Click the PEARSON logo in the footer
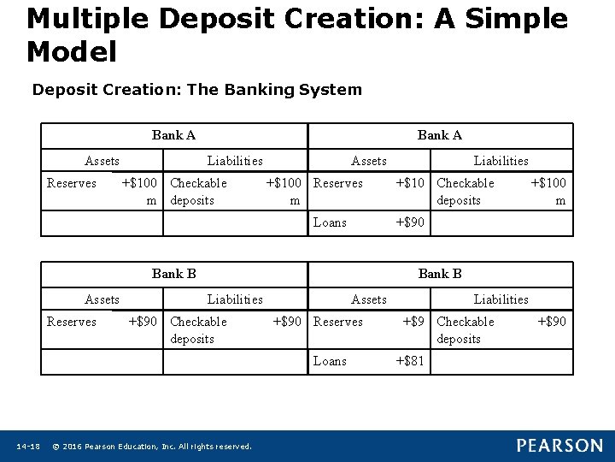coord(559,446)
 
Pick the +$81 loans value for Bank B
coord(409,361)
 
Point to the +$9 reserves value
coord(413,322)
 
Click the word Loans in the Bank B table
coord(330,361)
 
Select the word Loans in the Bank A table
coord(330,222)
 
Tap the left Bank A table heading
coord(173,135)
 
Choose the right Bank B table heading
coord(440,274)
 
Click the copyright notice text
coord(152,447)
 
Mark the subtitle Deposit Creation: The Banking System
coord(196,89)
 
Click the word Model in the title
coord(72,52)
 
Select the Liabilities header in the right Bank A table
coord(501,161)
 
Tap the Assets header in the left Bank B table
coord(102,299)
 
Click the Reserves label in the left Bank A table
coord(72,183)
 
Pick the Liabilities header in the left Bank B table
coord(235,299)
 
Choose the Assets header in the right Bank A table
coord(369,161)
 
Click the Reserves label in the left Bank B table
coord(72,322)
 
